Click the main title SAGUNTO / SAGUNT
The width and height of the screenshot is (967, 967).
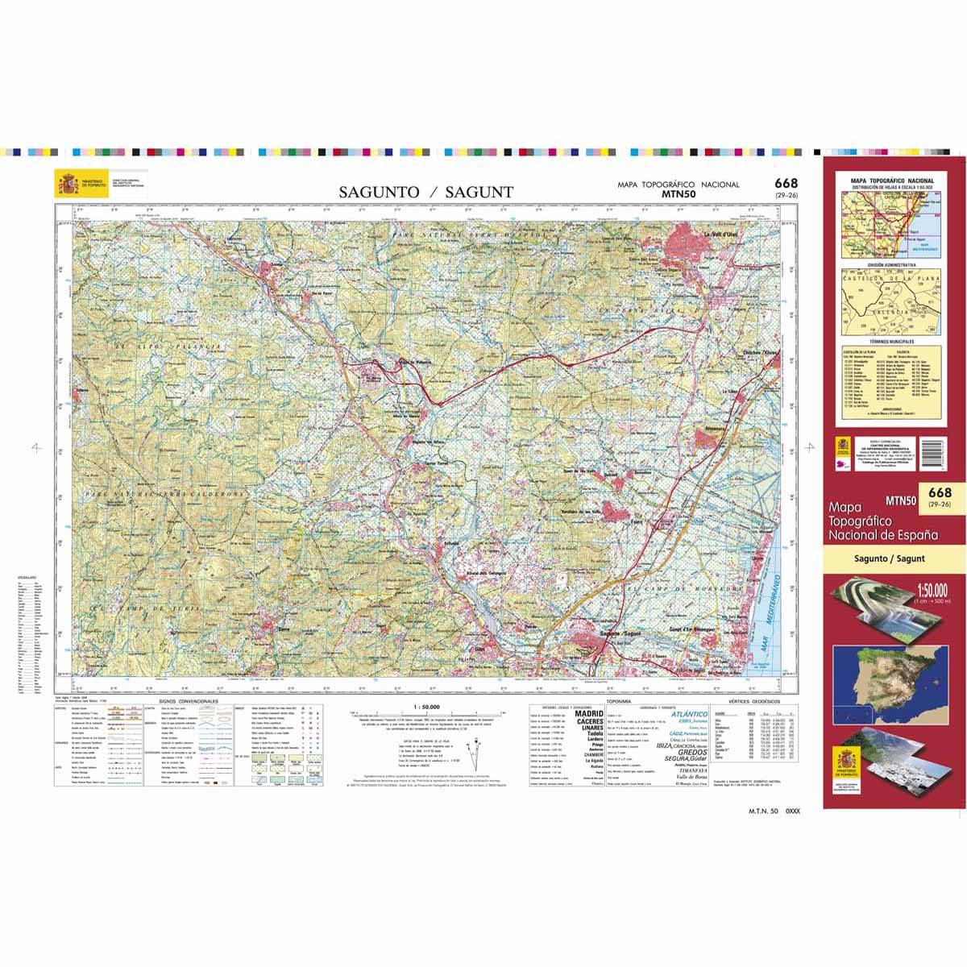(x=425, y=192)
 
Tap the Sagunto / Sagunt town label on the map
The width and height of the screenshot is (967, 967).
(x=620, y=633)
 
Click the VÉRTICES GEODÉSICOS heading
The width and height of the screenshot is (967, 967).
(x=757, y=703)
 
